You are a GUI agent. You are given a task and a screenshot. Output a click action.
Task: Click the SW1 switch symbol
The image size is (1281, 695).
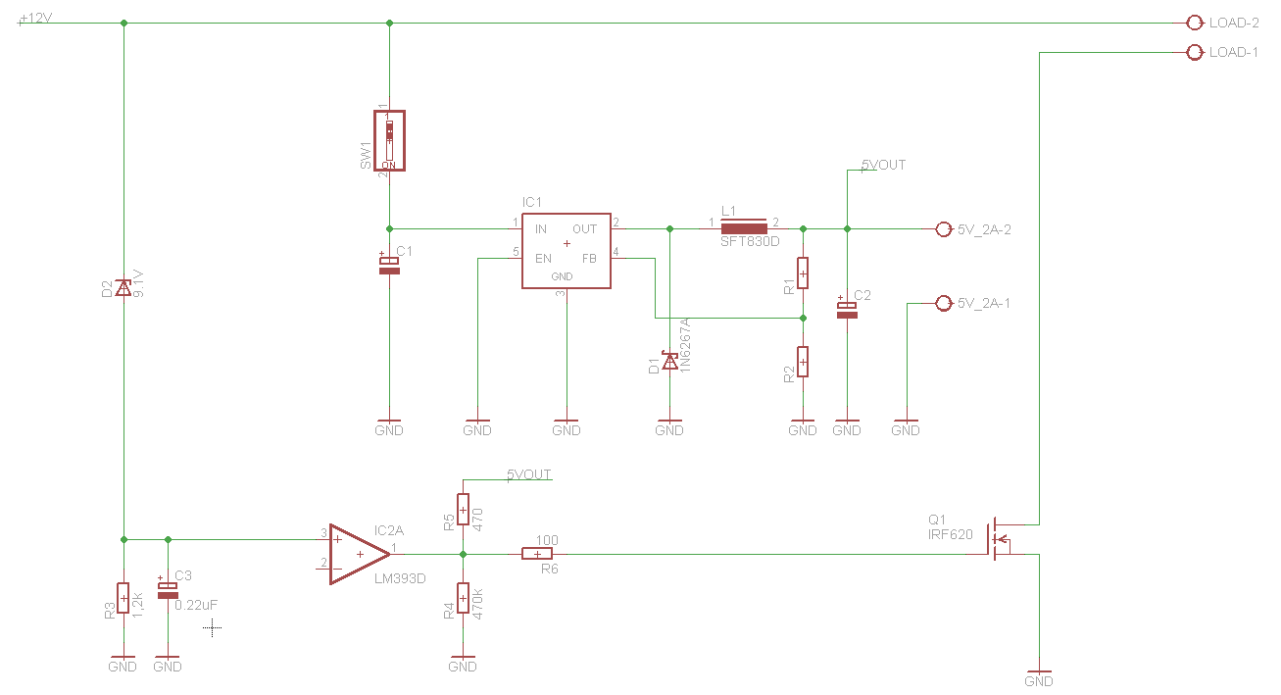point(389,141)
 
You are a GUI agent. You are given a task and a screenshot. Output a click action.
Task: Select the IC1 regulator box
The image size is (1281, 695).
point(566,251)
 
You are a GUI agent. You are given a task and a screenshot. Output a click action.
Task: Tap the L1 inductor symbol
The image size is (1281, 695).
point(743,228)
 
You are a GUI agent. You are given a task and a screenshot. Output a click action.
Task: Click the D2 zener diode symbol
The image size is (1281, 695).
point(123,287)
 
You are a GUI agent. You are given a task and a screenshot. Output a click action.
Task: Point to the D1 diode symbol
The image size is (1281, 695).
point(669,362)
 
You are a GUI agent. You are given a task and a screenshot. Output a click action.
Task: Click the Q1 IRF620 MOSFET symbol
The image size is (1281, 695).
point(1000,539)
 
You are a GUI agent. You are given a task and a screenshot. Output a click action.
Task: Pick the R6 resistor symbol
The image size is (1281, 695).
point(537,554)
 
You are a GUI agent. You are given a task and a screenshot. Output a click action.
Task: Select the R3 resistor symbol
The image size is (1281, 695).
point(123,597)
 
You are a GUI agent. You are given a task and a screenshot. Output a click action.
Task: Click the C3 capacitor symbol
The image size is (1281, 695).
point(168,590)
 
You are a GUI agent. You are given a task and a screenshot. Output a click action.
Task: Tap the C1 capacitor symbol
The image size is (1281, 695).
point(389,264)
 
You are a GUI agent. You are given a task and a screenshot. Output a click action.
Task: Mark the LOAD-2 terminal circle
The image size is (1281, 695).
point(1194,23)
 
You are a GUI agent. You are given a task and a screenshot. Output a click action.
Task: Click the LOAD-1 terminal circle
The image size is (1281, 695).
point(1194,52)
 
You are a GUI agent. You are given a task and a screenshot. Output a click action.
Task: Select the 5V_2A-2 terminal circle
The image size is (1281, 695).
point(944,228)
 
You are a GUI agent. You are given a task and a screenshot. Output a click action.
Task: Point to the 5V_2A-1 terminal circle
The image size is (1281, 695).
point(944,303)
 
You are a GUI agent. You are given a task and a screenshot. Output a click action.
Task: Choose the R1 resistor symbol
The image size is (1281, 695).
point(803,273)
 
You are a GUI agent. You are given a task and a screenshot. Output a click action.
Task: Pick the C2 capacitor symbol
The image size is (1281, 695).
point(847,309)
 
